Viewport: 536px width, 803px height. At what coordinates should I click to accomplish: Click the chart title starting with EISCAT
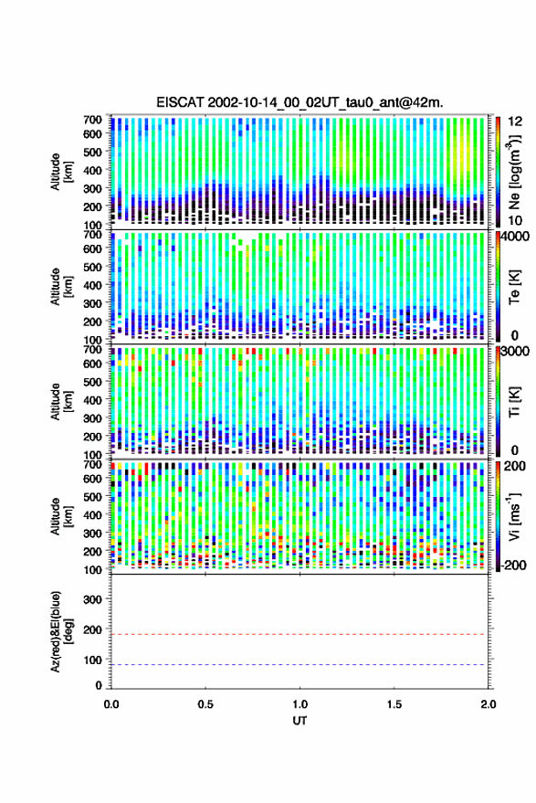300,102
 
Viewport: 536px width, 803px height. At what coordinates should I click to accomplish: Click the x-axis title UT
300,721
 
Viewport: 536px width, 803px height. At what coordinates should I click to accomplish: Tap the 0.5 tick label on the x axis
205,704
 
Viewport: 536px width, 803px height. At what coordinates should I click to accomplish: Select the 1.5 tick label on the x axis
394,704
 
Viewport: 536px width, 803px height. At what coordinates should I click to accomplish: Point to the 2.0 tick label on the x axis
489,704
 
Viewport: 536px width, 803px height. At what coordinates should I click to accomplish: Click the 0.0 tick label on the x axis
111,704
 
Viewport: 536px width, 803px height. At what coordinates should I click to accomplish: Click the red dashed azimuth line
300,635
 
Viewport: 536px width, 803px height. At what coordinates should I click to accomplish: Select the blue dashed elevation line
300,665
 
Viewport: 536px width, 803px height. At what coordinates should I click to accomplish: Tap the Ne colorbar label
513,171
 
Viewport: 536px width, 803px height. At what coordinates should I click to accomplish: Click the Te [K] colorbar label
514,287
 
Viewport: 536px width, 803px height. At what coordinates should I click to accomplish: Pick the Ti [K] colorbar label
514,402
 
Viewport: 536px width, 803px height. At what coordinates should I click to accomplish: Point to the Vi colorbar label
513,516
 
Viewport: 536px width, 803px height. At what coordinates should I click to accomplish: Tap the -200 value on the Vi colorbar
513,565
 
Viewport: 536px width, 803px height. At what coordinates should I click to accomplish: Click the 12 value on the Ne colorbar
516,122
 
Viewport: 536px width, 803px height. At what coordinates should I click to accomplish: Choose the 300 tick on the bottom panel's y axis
92,599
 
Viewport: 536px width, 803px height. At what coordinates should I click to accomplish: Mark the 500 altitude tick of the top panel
92,152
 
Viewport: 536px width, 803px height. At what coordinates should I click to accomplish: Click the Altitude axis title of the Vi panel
61,516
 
